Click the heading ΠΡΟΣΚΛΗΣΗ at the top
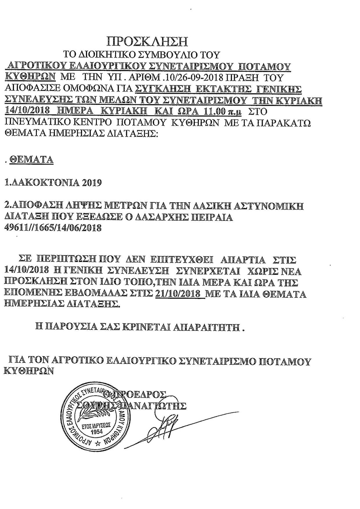pos(147,41)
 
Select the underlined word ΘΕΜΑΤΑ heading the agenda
pos(31,160)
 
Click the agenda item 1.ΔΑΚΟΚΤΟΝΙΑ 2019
pos(53,183)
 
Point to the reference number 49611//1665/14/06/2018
pos(53,228)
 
